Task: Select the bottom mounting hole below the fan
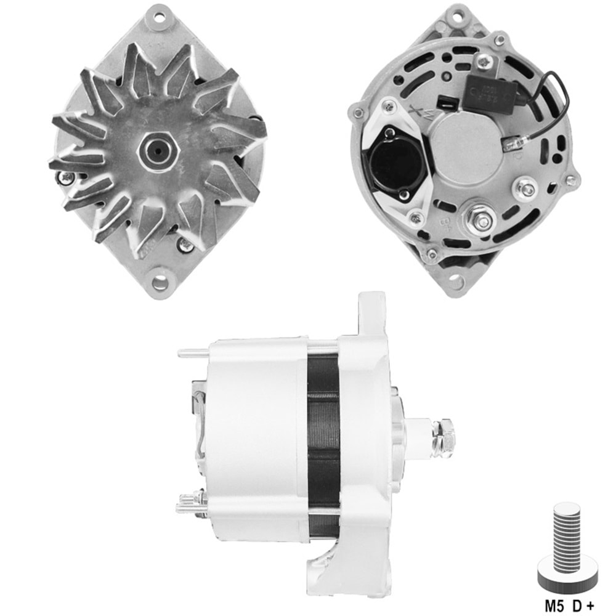coord(160,283)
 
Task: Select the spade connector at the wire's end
coord(511,145)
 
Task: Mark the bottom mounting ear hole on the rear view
coord(456,282)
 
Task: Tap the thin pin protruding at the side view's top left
coord(193,354)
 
